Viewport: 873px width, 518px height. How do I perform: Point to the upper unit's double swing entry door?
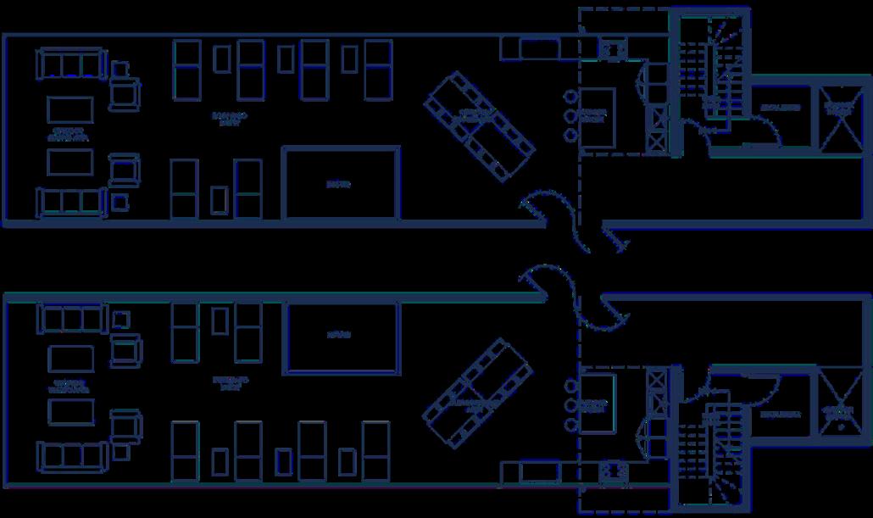(x=575, y=222)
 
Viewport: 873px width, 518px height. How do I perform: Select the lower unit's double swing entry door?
(x=575, y=297)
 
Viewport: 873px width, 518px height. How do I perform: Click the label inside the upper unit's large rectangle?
(x=339, y=184)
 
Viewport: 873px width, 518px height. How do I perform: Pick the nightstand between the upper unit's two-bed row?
(x=220, y=198)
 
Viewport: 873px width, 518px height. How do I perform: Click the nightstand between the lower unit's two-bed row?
(x=220, y=320)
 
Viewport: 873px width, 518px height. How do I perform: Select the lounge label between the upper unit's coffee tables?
(x=69, y=133)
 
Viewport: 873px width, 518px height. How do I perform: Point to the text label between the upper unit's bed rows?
(x=230, y=118)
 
